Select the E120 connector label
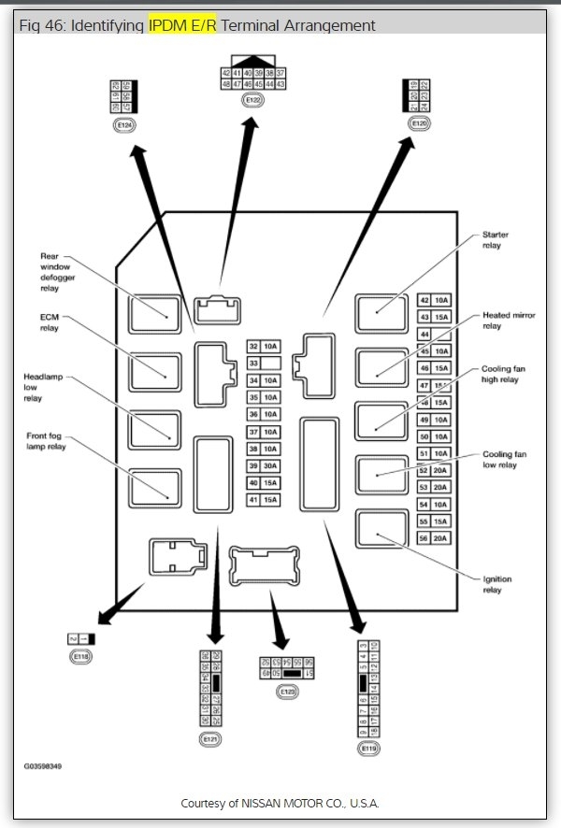[x=419, y=122]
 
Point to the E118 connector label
[x=81, y=657]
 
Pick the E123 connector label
[x=286, y=692]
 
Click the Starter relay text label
[x=495, y=239]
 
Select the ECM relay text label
[x=50, y=322]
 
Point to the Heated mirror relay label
[x=508, y=321]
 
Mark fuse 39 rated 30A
[x=261, y=466]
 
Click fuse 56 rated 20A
[x=432, y=537]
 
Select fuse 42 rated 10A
[x=432, y=300]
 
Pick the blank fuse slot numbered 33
[x=261, y=364]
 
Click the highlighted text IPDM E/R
[x=182, y=25]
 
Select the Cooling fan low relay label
[x=499, y=459]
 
